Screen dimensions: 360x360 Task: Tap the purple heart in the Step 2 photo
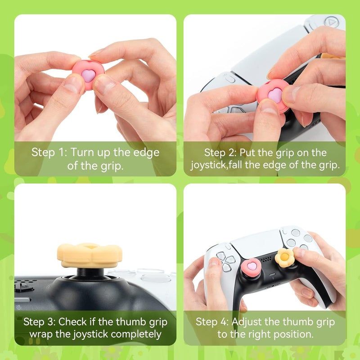click(x=275, y=95)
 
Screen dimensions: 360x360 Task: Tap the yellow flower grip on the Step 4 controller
click(x=284, y=256)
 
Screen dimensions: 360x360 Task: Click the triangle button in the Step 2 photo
click(x=331, y=21)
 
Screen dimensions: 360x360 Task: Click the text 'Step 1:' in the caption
click(x=49, y=152)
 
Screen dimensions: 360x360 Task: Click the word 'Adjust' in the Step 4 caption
click(x=248, y=322)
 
